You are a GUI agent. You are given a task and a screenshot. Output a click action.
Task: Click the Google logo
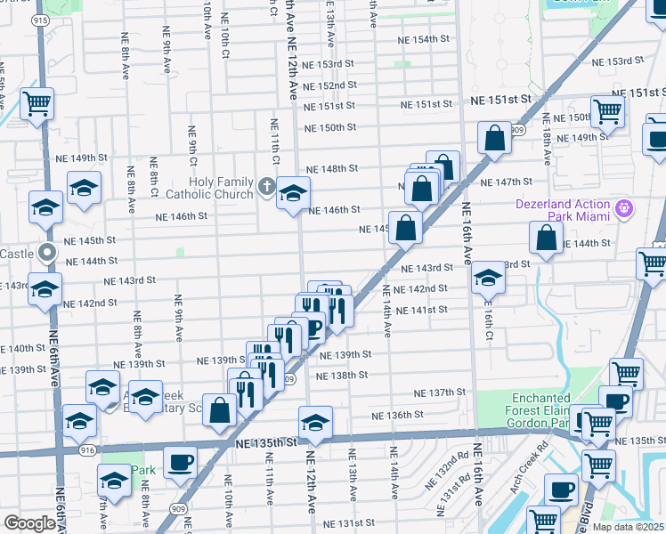pyautogui.click(x=29, y=523)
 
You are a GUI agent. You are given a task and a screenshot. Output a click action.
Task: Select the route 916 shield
pyautogui.click(x=87, y=451)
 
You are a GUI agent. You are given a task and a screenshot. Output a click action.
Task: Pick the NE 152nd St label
pyautogui.click(x=329, y=85)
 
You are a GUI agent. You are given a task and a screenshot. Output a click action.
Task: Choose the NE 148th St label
pyautogui.click(x=332, y=168)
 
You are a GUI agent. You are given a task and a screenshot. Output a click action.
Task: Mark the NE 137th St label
pyautogui.click(x=435, y=392)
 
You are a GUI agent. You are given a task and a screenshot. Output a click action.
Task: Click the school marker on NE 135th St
pyautogui.click(x=315, y=422)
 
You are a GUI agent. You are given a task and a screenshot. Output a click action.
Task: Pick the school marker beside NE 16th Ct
pyautogui.click(x=487, y=278)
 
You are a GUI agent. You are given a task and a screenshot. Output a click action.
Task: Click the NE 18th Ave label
pyautogui.click(x=545, y=145)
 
